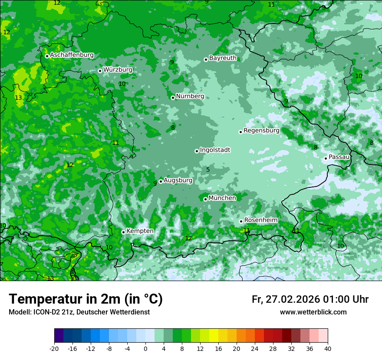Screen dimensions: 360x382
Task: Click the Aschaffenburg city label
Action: [x=72, y=55]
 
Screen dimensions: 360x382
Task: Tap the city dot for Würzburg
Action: [x=100, y=71]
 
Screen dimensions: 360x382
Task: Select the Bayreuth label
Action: [x=223, y=58]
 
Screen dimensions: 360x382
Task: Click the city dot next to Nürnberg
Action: [x=173, y=98]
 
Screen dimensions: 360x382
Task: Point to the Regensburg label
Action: [x=261, y=131]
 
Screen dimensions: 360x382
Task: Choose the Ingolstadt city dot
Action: [x=197, y=151]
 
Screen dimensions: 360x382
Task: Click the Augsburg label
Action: [x=178, y=180]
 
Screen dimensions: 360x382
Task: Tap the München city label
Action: [x=222, y=198]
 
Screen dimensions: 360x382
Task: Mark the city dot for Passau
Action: [x=326, y=158]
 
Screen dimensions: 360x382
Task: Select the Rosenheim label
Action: [x=260, y=220]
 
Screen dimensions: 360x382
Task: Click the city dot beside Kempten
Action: [x=123, y=232]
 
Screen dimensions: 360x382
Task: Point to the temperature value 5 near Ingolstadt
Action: [x=208, y=170]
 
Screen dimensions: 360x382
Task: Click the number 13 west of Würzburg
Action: [x=18, y=98]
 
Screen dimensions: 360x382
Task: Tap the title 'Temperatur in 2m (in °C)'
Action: [x=86, y=299]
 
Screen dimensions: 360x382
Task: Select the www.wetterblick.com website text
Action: [x=313, y=312]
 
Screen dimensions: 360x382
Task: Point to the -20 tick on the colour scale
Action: [x=54, y=348]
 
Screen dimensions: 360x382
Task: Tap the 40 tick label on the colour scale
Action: [x=328, y=348]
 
